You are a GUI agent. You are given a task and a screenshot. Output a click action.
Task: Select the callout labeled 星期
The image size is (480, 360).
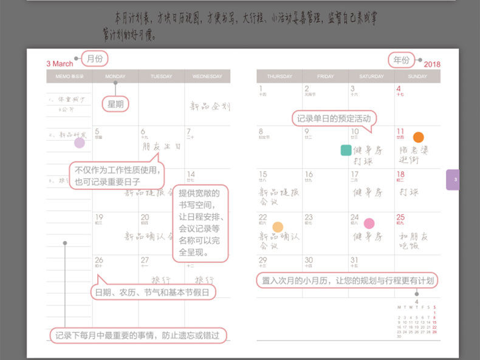click(x=115, y=104)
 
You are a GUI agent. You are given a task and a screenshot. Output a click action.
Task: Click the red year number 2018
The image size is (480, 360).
click(x=432, y=64)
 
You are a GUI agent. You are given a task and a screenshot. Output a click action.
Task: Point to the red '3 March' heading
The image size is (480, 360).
click(x=60, y=64)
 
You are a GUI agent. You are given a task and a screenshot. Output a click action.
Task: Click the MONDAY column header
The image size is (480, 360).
click(x=115, y=76)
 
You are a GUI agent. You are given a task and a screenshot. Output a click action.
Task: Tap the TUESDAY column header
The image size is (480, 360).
click(x=161, y=76)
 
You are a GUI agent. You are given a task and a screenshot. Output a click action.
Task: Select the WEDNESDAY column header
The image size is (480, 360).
click(x=207, y=76)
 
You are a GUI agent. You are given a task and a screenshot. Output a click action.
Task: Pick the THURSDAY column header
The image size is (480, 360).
click(x=279, y=76)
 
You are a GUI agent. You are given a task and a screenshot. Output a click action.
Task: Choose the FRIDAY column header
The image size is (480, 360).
click(x=326, y=76)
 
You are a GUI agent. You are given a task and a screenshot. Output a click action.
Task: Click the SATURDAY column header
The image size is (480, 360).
click(x=371, y=76)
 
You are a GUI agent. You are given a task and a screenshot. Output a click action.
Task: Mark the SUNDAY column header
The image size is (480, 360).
click(x=417, y=76)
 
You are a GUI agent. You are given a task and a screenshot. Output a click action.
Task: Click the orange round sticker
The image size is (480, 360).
click(x=419, y=137)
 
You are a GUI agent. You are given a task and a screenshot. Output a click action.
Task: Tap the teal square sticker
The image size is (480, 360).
click(x=346, y=150)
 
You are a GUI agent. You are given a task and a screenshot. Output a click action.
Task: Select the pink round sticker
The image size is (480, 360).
click(x=369, y=223)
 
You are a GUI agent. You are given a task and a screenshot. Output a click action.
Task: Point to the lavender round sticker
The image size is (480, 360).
click(x=80, y=143)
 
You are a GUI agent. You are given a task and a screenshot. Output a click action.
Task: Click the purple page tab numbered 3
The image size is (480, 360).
click(x=453, y=180)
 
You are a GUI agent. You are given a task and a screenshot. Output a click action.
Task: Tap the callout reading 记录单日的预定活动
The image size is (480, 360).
click(x=334, y=118)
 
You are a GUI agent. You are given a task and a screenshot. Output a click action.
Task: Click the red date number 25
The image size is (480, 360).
click(x=400, y=217)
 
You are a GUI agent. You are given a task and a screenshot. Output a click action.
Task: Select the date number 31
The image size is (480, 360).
click(x=354, y=260)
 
